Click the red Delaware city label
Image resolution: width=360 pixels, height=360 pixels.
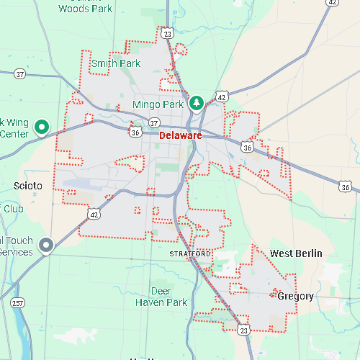pos(180,135)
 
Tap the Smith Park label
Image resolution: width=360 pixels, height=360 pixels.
pos(115,63)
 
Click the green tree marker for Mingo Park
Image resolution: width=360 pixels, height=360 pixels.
pos(196,104)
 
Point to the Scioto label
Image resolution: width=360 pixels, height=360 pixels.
pos(28,186)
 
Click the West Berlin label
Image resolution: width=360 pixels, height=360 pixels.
pos(296,253)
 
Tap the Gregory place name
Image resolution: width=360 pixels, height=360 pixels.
pos(295,296)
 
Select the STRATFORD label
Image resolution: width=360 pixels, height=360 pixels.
pos(190,255)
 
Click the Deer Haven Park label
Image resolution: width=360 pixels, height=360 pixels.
pos(161,297)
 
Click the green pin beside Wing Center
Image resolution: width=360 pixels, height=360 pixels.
pos(42,127)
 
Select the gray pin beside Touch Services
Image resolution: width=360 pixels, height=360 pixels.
pos(47,246)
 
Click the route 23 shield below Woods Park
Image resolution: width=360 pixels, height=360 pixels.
pos(167,33)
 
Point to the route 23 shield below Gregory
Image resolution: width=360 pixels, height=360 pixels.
pos(244,329)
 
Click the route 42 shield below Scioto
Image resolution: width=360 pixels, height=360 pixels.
pos(94,214)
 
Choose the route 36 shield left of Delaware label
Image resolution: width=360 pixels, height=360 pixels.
pos(136,132)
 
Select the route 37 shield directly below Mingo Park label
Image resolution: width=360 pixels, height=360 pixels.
pos(154,122)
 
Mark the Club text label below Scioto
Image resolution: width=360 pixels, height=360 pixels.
pos(14,209)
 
